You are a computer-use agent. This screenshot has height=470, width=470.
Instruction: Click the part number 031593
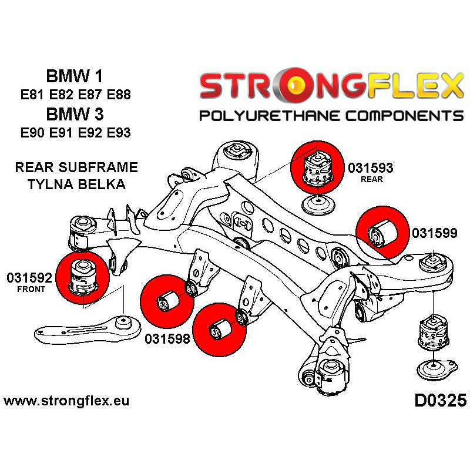(x=370, y=167)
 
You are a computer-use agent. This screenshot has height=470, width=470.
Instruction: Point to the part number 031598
(x=166, y=340)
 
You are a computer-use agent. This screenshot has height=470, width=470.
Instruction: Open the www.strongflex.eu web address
(x=66, y=402)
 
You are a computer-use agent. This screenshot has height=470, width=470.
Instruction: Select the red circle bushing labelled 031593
(x=317, y=166)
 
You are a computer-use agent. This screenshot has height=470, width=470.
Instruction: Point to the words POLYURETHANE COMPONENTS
(x=331, y=115)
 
